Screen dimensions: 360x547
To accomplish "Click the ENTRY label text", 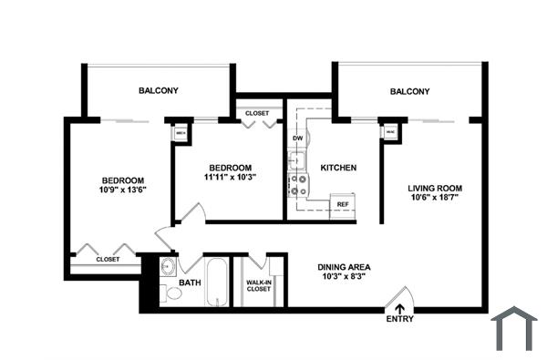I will [x=399, y=319].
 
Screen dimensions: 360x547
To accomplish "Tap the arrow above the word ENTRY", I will [x=399, y=308].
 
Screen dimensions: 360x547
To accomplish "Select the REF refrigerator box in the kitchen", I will [x=343, y=204].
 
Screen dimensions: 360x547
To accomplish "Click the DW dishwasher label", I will [x=297, y=139].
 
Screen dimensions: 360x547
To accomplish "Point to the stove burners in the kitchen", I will [x=297, y=185].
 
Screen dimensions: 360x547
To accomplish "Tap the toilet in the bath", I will [x=170, y=293].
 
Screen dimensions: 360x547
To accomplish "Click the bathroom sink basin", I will [x=169, y=268].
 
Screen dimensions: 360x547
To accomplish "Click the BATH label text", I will [x=190, y=283].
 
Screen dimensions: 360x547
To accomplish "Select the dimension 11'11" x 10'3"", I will [x=230, y=179].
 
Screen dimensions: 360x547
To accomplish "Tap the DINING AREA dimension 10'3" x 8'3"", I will [x=344, y=277].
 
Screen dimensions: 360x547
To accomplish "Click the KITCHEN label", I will [x=338, y=168].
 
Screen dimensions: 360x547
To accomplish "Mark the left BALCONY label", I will [x=159, y=90].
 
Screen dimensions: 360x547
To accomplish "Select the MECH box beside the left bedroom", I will [x=181, y=132].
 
